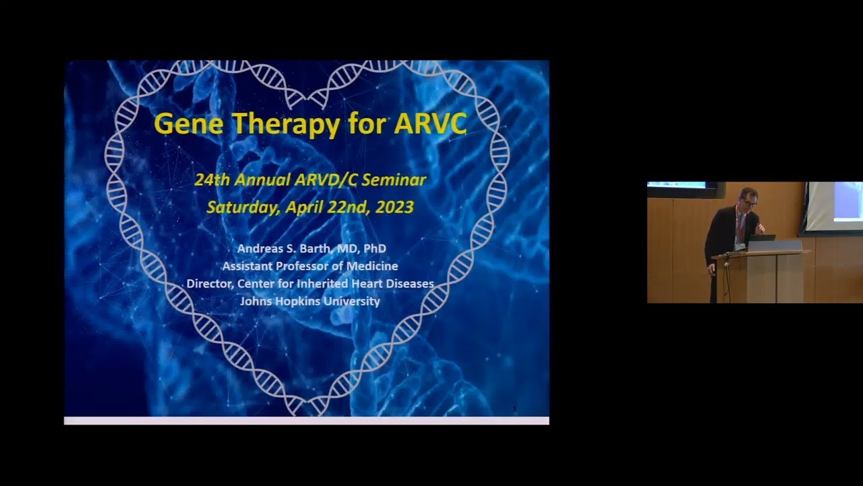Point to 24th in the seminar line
(210, 180)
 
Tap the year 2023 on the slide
(391, 207)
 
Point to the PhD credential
(374, 248)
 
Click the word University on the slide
(352, 301)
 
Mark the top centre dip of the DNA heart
(307, 101)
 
